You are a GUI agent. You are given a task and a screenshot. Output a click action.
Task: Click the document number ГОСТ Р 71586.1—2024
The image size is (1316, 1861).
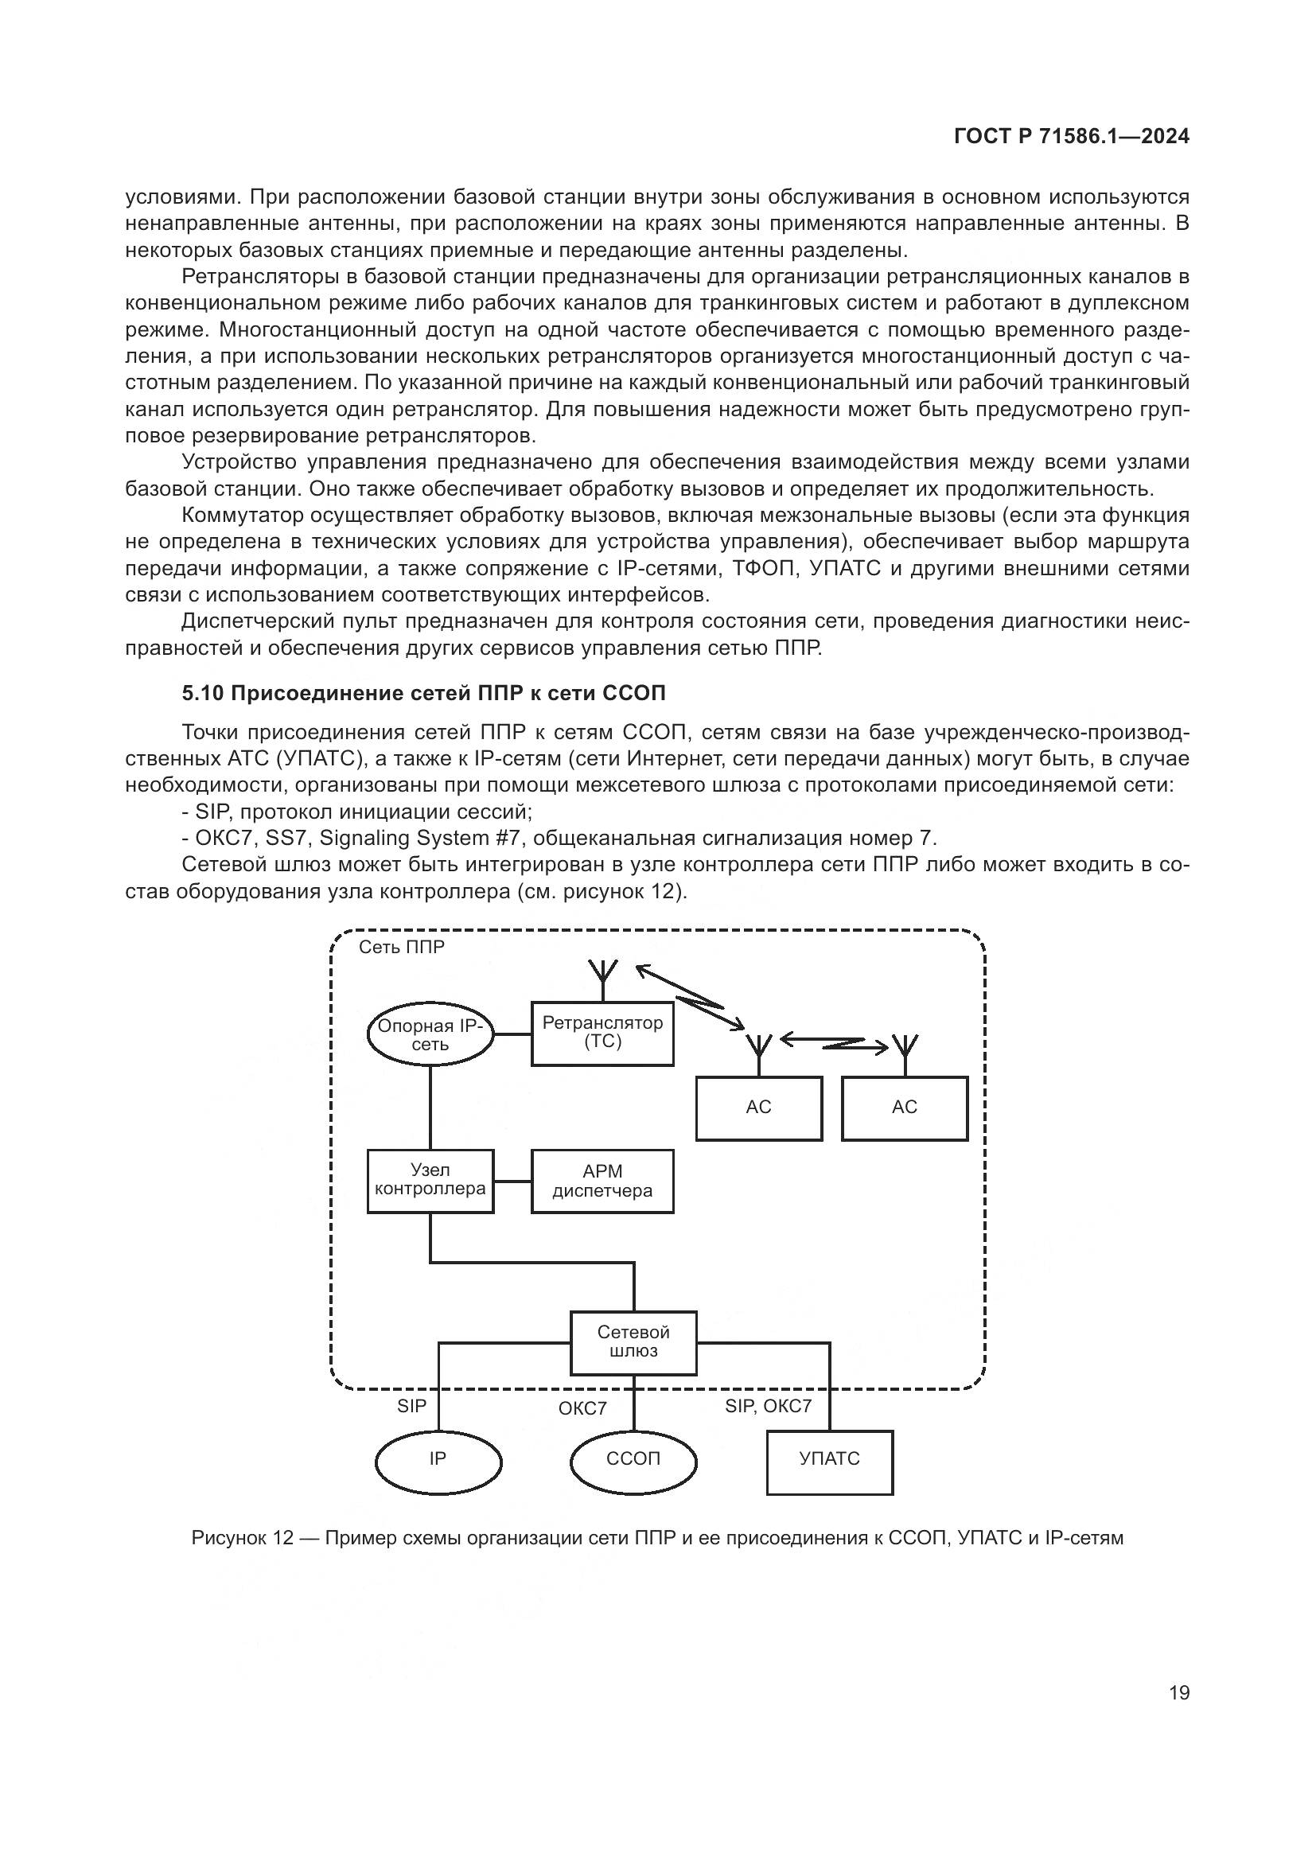point(1071,136)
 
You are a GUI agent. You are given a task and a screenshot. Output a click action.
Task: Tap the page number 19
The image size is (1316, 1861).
point(1179,1692)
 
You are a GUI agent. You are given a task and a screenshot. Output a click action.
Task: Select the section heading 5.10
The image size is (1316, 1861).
point(423,693)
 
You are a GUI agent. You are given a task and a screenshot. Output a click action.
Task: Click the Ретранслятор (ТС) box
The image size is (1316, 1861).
point(602,1034)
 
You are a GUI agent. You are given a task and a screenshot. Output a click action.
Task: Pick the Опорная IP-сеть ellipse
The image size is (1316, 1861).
point(430,1034)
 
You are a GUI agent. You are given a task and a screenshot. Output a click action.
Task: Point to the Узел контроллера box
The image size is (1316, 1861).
point(430,1180)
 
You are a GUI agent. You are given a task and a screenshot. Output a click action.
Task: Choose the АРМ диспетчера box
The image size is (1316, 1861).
point(602,1181)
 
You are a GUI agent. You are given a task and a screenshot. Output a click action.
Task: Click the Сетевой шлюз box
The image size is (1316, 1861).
point(633,1342)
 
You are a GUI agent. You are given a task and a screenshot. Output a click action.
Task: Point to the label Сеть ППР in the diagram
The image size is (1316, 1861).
point(401,947)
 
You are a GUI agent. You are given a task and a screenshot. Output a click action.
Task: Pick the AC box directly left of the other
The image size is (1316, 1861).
point(758,1108)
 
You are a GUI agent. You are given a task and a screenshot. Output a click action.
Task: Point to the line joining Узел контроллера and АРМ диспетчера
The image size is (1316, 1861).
point(512,1181)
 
